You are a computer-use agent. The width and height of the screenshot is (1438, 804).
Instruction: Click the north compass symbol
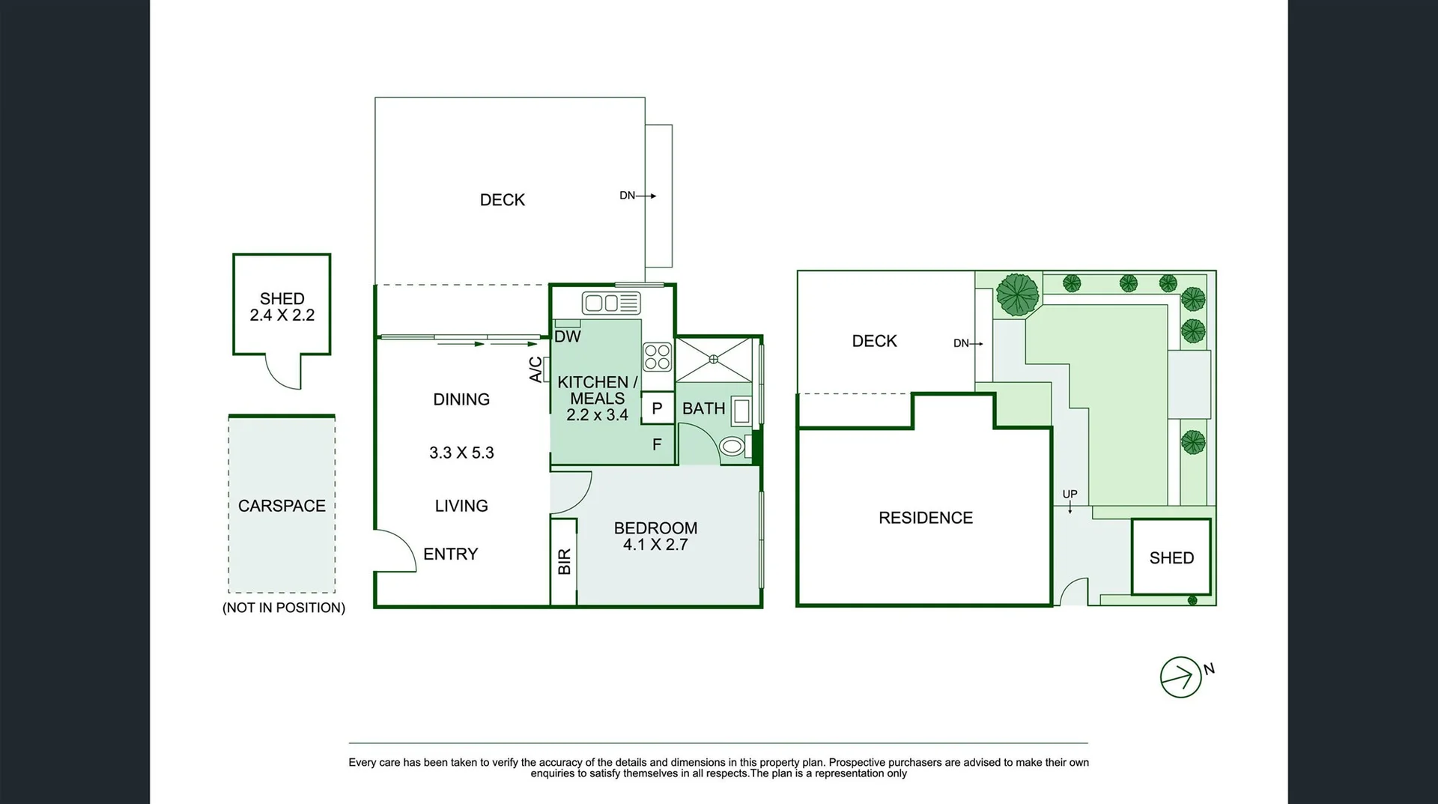1181,677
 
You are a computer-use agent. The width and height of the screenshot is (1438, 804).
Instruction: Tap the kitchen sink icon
611,303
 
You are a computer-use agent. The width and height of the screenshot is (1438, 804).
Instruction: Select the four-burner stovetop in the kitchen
657,357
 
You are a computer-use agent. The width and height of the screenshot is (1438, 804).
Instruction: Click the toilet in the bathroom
732,447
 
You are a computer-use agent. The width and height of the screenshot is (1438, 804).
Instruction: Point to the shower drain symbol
714,360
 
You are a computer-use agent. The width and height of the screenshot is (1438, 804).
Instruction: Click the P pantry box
657,408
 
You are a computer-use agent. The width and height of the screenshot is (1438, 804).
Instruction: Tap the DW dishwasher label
568,336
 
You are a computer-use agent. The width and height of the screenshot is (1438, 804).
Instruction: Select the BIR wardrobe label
565,561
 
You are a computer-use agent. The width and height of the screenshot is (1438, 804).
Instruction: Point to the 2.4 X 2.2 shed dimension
282,315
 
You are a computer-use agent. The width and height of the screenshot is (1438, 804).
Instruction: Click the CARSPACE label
282,506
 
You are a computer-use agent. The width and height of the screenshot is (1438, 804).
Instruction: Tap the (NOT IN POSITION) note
284,608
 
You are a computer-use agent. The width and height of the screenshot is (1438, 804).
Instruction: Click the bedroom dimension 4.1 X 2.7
655,545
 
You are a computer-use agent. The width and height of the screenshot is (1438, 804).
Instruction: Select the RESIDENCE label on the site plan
925,518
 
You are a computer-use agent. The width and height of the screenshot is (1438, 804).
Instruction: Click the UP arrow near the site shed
1070,501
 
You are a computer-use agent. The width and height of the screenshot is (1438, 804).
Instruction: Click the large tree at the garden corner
1018,294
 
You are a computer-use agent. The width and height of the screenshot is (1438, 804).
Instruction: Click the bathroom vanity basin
741,411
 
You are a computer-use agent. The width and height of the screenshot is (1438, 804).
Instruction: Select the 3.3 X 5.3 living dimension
461,453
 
